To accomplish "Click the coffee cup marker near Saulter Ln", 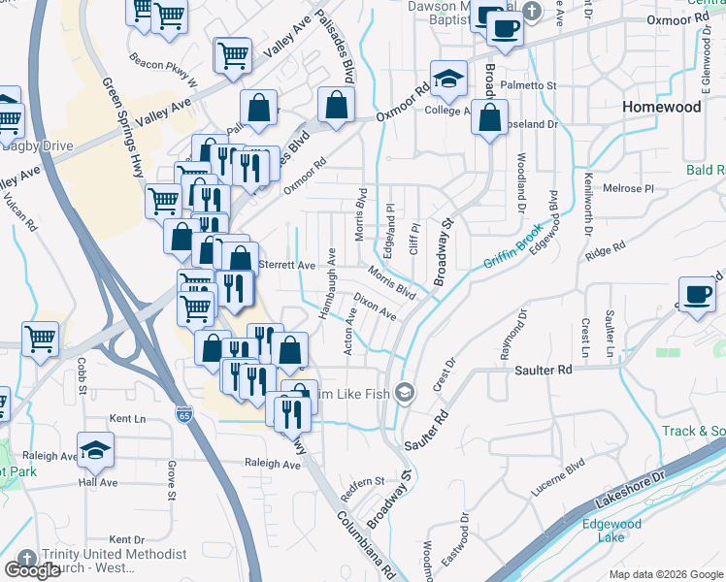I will coord(697,295).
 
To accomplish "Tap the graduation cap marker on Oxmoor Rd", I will coord(449,81).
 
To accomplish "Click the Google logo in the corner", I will coord(32,570).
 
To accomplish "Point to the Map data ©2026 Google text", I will coord(666,574).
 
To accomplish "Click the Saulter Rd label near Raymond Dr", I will coord(544,370).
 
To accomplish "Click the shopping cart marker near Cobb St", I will coord(40,339).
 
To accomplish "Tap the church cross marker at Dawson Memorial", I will coord(531,11).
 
